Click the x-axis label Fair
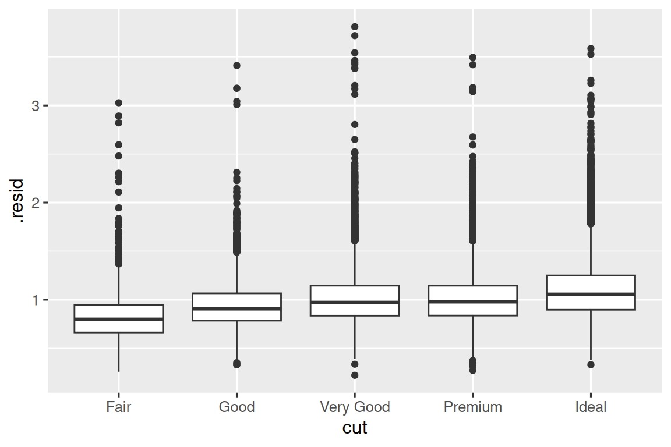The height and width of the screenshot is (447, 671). click(118, 407)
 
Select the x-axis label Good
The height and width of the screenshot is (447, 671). click(236, 407)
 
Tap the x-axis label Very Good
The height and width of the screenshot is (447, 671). click(355, 407)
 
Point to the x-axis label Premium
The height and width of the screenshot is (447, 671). click(472, 407)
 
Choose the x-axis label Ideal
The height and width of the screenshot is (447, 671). click(591, 407)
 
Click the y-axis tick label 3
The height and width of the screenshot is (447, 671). click(36, 106)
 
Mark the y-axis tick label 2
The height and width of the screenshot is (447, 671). click(36, 203)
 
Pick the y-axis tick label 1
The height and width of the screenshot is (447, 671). click(36, 300)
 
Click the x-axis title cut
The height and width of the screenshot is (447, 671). click(355, 428)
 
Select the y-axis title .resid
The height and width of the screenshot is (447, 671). click(19, 203)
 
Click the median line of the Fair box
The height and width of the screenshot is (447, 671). click(118, 319)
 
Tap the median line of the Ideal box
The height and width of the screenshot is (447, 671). click(591, 294)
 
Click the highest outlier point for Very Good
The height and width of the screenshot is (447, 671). click(355, 27)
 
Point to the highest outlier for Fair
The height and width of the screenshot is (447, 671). click(118, 103)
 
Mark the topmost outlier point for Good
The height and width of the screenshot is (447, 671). click(236, 66)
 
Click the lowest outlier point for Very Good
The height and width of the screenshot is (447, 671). click(355, 375)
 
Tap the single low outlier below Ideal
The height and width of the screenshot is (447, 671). click(591, 365)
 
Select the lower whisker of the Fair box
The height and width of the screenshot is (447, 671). click(118, 352)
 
